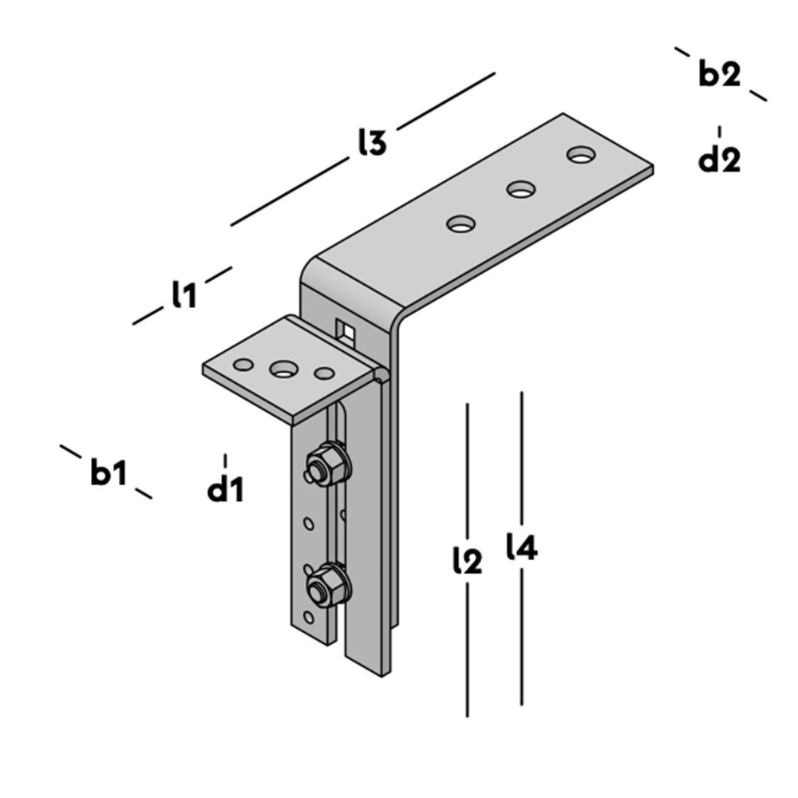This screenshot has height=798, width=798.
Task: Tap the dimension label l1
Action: pyautogui.click(x=184, y=296)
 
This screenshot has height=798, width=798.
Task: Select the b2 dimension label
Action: pyautogui.click(x=719, y=74)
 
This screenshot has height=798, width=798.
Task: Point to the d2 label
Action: pyautogui.click(x=719, y=160)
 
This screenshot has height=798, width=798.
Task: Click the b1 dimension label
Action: pyautogui.click(x=108, y=473)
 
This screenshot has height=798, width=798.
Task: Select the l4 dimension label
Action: pyautogui.click(x=522, y=548)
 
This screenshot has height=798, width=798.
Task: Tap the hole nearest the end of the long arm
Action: pyautogui.click(x=582, y=154)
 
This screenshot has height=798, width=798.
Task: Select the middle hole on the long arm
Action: pyautogui.click(x=521, y=190)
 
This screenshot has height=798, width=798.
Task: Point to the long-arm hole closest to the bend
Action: pyautogui.click(x=460, y=224)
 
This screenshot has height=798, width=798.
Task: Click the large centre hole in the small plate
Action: pyautogui.click(x=283, y=369)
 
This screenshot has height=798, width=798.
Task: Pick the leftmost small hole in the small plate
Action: pyautogui.click(x=243, y=365)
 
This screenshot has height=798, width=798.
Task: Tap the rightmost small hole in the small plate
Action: pyautogui.click(x=323, y=373)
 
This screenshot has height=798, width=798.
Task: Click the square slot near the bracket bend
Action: pyautogui.click(x=346, y=329)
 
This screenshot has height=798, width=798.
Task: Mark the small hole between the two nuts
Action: pyautogui.click(x=308, y=524)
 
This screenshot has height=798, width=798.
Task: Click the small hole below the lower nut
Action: pyautogui.click(x=309, y=618)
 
